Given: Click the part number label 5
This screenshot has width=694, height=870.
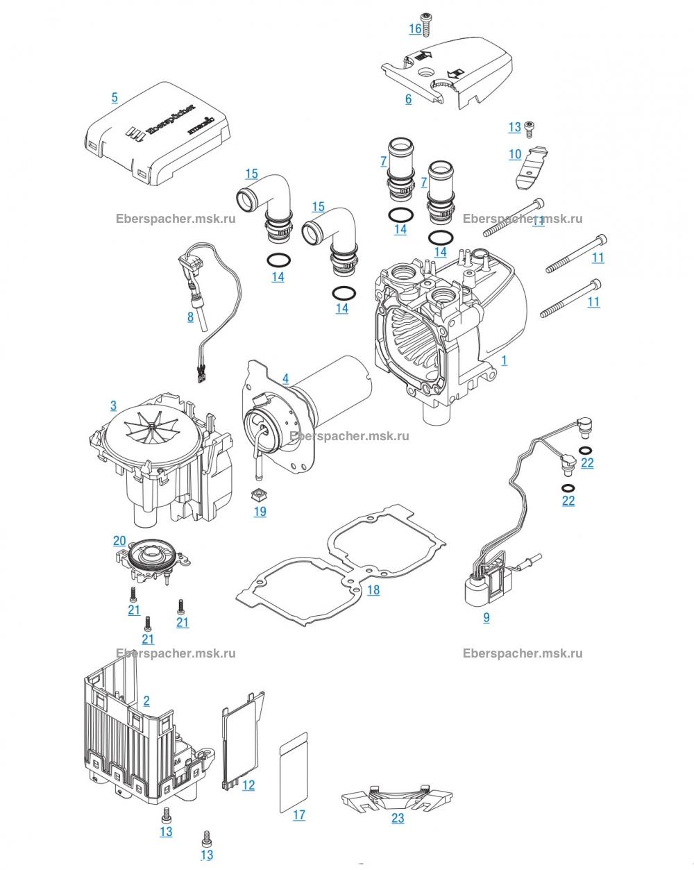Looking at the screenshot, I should [x=115, y=97].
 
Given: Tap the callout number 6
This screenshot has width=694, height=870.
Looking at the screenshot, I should [x=408, y=99].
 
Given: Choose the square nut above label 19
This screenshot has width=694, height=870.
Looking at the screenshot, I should [x=260, y=494].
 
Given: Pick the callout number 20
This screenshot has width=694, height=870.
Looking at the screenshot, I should [x=119, y=540].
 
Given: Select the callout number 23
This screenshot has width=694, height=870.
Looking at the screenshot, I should [x=398, y=818].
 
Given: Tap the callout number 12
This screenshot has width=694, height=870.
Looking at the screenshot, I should [x=248, y=785].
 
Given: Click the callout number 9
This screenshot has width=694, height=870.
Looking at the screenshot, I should [x=486, y=617].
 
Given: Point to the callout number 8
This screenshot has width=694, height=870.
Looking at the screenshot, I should [x=190, y=317].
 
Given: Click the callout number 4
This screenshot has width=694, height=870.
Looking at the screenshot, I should [x=285, y=378].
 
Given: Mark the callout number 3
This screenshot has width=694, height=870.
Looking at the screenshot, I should [x=113, y=405].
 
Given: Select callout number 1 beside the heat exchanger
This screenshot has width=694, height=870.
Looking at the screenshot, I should [x=504, y=360].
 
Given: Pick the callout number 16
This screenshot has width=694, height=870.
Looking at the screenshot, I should [x=415, y=28].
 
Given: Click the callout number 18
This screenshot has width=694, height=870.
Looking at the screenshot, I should [x=373, y=589].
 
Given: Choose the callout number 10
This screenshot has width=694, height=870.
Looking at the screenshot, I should [x=514, y=154].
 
